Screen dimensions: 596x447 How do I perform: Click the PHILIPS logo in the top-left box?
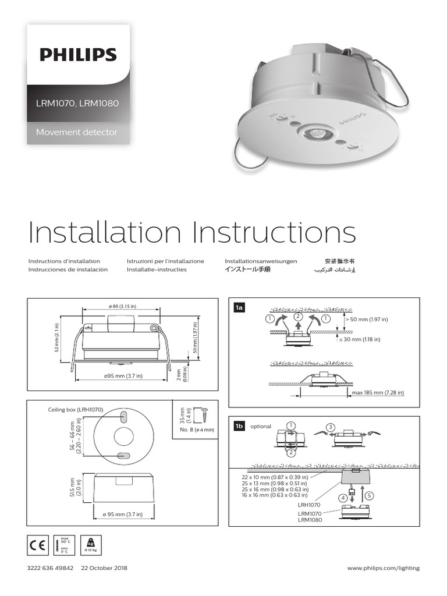[78, 55]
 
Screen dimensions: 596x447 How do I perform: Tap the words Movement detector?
[76, 132]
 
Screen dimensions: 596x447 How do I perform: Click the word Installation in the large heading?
[105, 233]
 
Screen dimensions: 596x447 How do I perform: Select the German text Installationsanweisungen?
[261, 261]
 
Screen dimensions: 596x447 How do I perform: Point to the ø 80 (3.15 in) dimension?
[122, 306]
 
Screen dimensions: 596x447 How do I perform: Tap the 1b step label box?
[239, 426]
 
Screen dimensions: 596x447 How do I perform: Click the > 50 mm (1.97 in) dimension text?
[366, 320]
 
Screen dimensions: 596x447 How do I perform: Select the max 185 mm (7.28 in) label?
[378, 393]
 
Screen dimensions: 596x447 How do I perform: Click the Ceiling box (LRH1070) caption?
[75, 410]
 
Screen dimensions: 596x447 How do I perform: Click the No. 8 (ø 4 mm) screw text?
[197, 430]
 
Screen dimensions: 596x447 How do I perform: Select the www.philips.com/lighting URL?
[383, 568]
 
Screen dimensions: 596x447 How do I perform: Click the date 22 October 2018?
[104, 568]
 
